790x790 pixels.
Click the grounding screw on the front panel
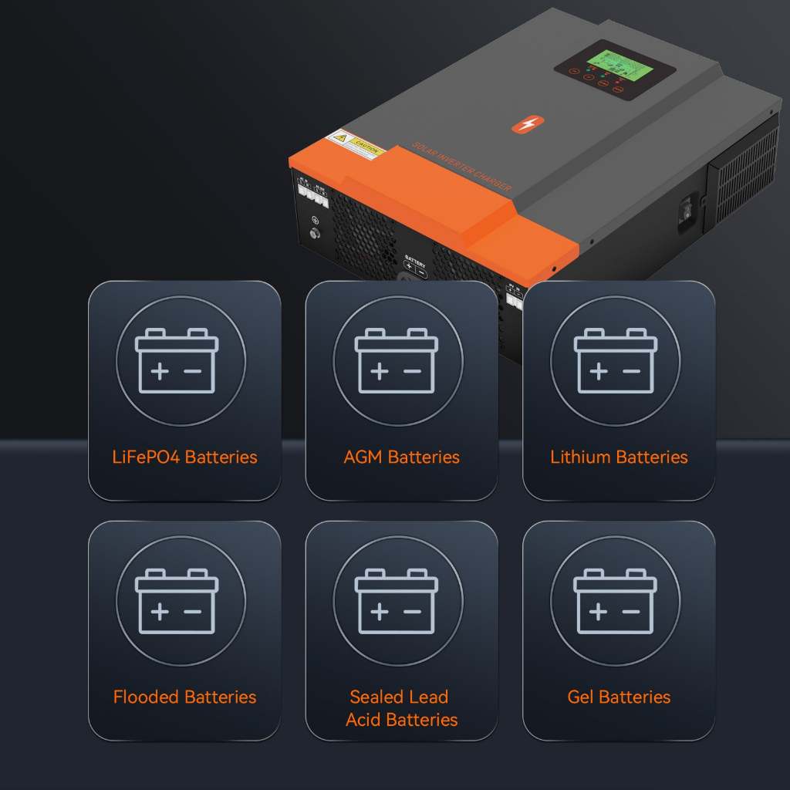coord(315,231)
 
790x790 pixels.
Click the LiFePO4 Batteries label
coord(184,457)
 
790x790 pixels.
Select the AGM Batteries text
coord(401,457)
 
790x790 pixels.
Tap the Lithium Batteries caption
coord(619,457)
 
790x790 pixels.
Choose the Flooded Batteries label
coord(184,697)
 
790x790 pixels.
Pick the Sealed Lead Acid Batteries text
coord(401,708)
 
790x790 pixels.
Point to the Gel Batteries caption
coord(619,697)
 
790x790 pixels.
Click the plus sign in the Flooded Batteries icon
coord(160,612)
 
